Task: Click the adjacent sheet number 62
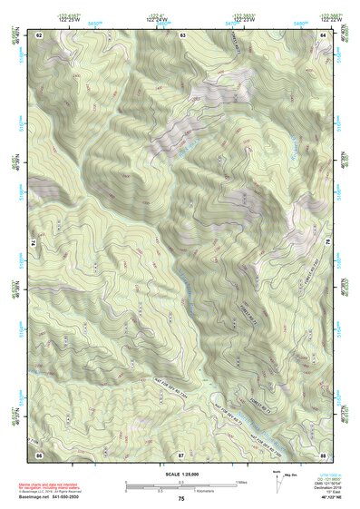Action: pos(39,34)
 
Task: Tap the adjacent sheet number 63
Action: pos(182,34)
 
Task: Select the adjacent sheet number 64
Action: pos(323,34)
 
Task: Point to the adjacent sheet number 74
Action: pos(34,243)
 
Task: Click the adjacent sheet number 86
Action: pos(39,453)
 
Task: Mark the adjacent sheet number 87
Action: pos(181,453)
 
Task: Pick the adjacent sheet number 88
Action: pos(323,453)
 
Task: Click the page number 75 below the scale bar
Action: pos(181,499)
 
